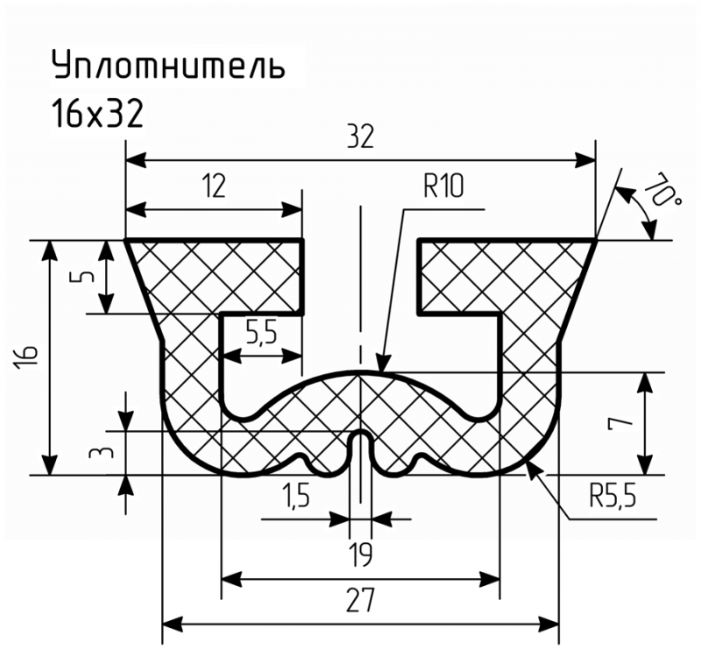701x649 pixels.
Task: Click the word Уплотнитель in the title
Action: [x=168, y=66]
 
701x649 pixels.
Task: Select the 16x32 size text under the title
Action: [x=97, y=114]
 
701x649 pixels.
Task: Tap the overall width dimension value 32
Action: [x=360, y=138]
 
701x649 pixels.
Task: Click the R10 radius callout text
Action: [x=443, y=187]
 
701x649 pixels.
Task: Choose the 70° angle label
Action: [x=662, y=189]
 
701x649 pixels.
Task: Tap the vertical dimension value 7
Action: [x=620, y=421]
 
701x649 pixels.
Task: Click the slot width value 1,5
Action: [x=295, y=496]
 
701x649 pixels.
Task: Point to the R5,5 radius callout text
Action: [x=612, y=496]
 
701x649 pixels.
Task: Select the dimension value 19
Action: [x=360, y=555]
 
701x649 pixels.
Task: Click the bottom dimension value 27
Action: [x=360, y=600]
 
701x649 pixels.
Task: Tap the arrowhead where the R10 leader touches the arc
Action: [x=383, y=362]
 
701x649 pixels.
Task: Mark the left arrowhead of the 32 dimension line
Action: [x=136, y=160]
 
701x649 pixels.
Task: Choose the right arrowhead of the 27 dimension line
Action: [x=549, y=624]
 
